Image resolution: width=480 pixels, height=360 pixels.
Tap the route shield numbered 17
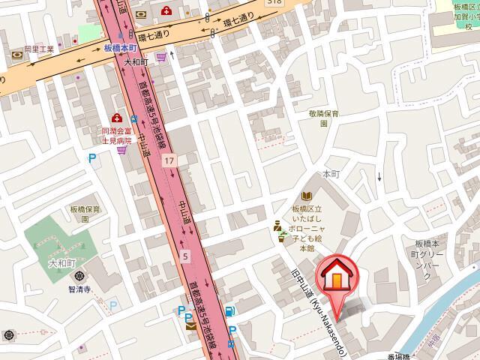[171, 161]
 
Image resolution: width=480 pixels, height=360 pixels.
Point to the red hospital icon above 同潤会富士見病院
[117, 118]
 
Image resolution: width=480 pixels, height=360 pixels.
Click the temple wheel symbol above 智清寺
[79, 274]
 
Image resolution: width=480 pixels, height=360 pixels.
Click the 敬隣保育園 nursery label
[324, 118]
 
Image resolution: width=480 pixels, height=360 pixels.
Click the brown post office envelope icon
[190, 326]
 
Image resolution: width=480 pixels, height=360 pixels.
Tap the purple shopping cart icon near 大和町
[160, 56]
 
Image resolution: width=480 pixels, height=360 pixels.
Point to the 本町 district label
[331, 173]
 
